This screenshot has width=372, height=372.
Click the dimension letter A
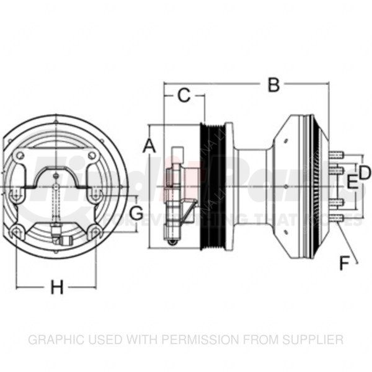(x=148, y=146)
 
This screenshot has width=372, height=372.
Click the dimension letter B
(x=273, y=85)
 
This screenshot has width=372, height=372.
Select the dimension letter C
(x=184, y=95)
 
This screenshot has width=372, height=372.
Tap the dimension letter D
(x=365, y=172)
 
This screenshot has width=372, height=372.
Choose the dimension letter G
(x=136, y=213)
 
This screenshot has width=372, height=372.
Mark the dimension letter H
(x=57, y=288)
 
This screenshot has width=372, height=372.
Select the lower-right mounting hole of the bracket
(x=95, y=232)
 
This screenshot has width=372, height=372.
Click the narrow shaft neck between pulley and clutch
(x=251, y=186)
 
